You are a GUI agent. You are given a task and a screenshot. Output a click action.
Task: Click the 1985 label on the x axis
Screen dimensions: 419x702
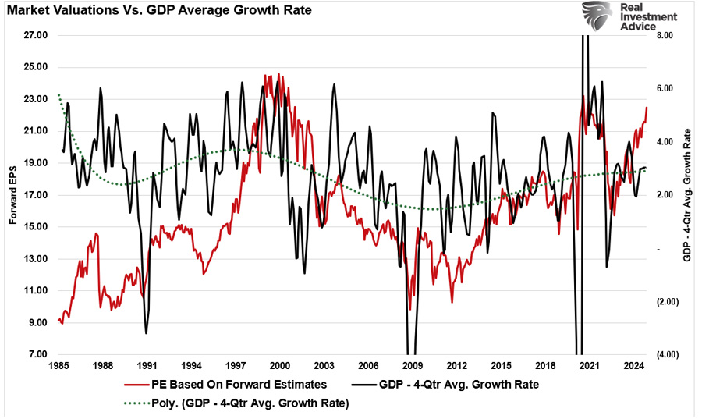click(x=58, y=365)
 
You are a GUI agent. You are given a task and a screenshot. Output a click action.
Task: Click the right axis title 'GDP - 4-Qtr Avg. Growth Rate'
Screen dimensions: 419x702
click(x=687, y=195)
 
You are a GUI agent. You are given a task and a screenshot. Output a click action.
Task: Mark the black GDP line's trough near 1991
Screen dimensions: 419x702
click(x=147, y=333)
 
